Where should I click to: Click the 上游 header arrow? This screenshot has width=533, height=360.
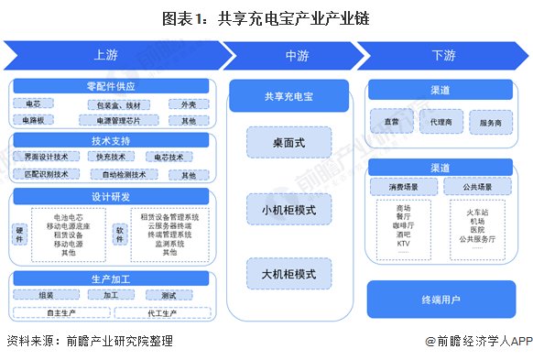pyautogui.click(x=110, y=56)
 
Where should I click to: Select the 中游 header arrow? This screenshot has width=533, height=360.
pyautogui.click(x=297, y=56)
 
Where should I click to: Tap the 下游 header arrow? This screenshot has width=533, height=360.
pyautogui.click(x=441, y=56)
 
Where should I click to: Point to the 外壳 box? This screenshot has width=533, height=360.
pyautogui.click(x=188, y=104)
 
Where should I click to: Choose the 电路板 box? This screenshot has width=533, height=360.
pyautogui.click(x=39, y=120)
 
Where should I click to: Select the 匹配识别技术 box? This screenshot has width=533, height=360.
pyautogui.click(x=46, y=174)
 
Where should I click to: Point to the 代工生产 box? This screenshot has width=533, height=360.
pyautogui.click(x=163, y=312)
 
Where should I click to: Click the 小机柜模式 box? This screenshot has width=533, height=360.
pyautogui.click(x=288, y=210)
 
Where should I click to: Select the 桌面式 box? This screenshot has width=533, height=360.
pyautogui.click(x=288, y=144)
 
